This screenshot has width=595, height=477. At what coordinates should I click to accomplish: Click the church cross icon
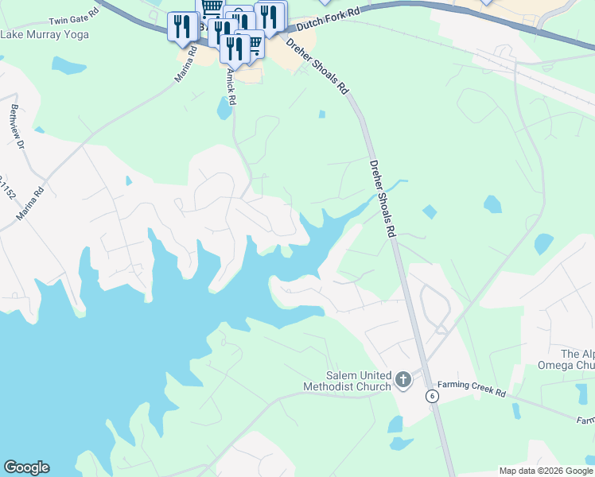(x=403, y=380)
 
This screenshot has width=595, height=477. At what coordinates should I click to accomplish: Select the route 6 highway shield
(x=432, y=396)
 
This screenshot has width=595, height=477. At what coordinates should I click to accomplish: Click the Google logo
(x=26, y=467)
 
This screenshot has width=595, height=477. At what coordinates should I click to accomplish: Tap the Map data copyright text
(x=546, y=471)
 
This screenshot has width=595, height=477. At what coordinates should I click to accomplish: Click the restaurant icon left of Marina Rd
(x=182, y=26)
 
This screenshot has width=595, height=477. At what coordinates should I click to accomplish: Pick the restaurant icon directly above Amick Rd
(x=236, y=48)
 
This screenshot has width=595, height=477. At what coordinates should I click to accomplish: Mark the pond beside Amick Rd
(x=224, y=107)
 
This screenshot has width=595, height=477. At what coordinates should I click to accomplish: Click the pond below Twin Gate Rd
(x=68, y=66)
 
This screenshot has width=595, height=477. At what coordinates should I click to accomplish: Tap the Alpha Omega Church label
(x=577, y=359)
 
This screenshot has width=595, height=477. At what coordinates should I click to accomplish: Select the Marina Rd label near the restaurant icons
(x=186, y=65)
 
